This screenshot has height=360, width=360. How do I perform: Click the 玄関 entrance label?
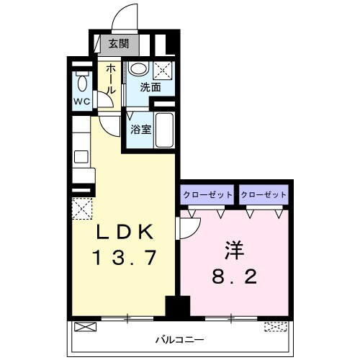click(119, 43)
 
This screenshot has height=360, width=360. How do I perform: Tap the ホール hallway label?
click(111, 78)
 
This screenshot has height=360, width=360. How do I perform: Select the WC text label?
click(81, 101)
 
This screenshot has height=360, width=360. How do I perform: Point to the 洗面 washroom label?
click(150, 89)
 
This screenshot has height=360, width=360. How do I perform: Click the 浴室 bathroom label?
click(140, 130)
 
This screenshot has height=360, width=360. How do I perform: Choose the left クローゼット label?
click(207, 194)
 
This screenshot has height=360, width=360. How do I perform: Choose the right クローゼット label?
click(264, 194)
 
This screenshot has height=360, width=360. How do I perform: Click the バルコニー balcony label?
click(180, 338)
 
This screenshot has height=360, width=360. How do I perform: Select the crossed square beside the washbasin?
click(163, 71)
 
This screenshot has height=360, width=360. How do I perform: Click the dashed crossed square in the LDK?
click(81, 208)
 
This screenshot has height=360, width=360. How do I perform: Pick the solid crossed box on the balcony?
click(84, 327)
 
